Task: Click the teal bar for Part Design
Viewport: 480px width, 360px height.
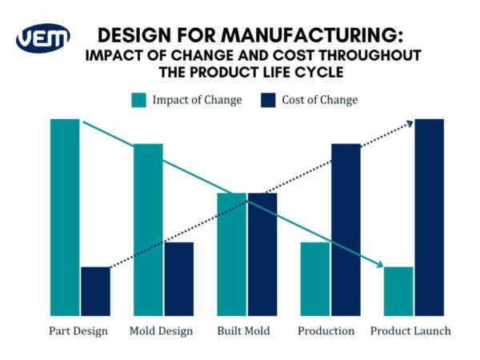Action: tap(65, 217)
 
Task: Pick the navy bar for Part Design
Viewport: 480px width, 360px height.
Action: tap(95, 291)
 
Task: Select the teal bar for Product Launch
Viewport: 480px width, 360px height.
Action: tap(398, 291)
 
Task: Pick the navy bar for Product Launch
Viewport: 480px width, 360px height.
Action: tap(429, 217)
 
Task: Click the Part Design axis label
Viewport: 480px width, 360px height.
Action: tap(78, 330)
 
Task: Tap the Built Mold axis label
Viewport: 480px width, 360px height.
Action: tap(243, 330)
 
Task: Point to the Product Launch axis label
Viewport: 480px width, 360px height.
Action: tap(410, 330)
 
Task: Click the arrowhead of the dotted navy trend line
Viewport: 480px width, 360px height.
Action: tap(409, 122)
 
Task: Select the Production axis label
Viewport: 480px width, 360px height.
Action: tap(326, 330)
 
